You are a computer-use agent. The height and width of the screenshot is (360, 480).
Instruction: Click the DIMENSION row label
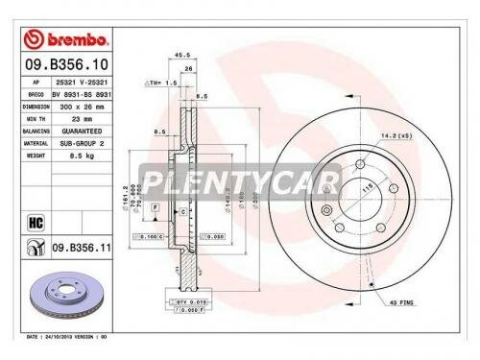click(x=36, y=108)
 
